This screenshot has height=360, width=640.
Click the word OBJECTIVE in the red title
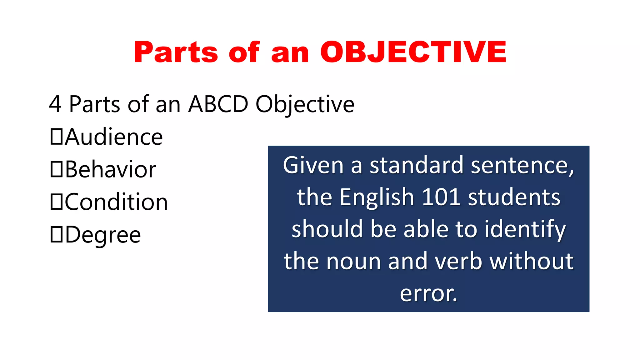[x=413, y=52]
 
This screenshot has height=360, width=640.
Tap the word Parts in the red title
[x=176, y=52]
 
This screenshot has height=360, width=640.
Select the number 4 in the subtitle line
[x=55, y=104]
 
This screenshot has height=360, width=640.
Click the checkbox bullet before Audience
[x=57, y=137]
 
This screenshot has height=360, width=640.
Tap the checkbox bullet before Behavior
[x=57, y=169]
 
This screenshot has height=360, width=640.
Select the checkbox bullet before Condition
[x=57, y=202]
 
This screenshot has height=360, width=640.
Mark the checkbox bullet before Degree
[x=57, y=234]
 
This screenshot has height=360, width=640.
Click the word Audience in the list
[x=114, y=137]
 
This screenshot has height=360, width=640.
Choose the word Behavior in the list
[x=111, y=170]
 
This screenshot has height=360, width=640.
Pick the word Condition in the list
[x=117, y=202]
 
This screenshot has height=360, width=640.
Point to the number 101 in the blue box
[x=441, y=197]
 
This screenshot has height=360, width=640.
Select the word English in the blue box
[x=377, y=197]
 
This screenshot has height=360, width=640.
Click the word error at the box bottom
[x=428, y=293]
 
